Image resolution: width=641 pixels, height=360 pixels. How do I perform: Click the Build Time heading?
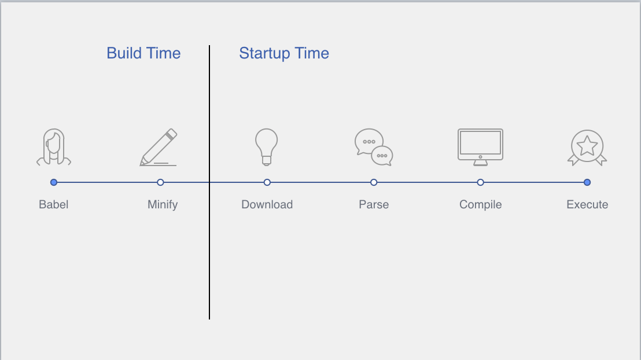143,53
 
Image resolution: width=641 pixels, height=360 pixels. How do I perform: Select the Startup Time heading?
284,54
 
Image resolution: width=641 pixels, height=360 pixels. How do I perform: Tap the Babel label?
54,204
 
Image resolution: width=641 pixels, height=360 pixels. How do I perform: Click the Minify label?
163,204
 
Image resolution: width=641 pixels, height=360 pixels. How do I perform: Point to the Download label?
267,204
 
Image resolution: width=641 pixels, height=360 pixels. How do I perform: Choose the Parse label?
374,204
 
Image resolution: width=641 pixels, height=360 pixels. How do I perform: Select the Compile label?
480,204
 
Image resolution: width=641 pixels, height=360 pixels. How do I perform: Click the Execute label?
587,204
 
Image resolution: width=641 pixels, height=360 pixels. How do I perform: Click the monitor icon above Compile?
480,156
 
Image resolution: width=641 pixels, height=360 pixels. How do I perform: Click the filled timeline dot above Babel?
54,182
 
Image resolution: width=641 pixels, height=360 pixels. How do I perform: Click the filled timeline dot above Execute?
587,182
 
